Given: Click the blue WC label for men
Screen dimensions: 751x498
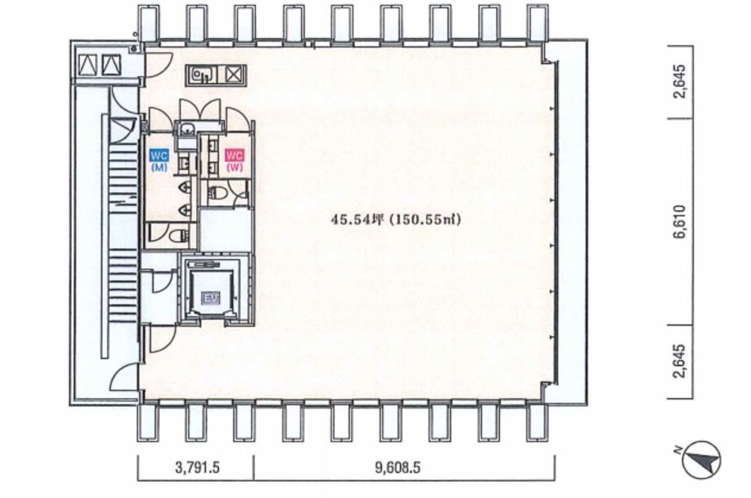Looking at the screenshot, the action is tap(159, 156).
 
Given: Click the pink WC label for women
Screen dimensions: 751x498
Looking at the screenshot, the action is tap(235, 156).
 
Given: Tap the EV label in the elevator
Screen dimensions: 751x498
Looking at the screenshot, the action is tap(210, 298).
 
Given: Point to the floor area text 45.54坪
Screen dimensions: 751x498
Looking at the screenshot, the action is tap(358, 220).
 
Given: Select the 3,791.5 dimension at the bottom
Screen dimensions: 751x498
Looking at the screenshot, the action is tap(197, 467).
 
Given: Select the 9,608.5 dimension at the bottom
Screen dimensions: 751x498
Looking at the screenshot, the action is tap(398, 467).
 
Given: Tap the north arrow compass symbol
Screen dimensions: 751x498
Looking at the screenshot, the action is tap(701, 460).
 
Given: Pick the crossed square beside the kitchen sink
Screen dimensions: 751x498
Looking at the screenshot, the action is tap(233, 75).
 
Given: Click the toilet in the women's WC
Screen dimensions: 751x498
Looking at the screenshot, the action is tap(219, 193).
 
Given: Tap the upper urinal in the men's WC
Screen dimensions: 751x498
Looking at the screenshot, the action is tap(185, 186).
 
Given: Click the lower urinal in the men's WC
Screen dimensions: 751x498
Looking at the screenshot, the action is tap(185, 210).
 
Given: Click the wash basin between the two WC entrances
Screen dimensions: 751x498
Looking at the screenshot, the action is tap(186, 129).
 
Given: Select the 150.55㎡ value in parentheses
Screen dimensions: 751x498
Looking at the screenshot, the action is tap(425, 220).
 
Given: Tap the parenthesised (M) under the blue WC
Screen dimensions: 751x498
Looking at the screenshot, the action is tap(159, 168).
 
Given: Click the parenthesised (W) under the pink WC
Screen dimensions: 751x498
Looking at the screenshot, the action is tap(235, 168).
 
